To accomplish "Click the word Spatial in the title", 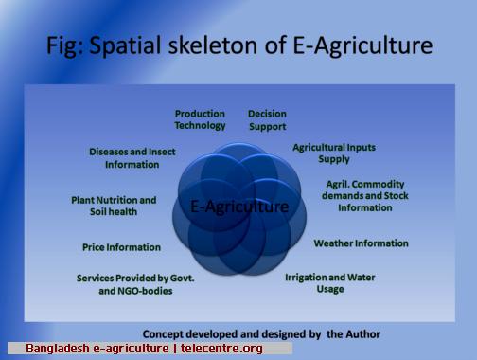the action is (125, 45).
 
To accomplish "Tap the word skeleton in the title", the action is (213, 45).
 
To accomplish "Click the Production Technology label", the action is (200, 120).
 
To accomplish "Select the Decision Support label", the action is (267, 120).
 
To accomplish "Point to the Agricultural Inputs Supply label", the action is (334, 153).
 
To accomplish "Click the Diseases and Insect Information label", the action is (132, 158).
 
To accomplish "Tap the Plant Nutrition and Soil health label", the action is (114, 206).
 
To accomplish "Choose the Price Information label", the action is (121, 247).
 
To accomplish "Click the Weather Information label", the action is (361, 243).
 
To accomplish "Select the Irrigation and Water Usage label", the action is (330, 283).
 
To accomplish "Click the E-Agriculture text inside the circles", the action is (239, 207).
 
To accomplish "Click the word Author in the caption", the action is (362, 334).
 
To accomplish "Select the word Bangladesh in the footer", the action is (58, 349).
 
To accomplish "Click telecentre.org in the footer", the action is (221, 349).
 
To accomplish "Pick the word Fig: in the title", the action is (64, 45).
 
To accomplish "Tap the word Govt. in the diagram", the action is (183, 279).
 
